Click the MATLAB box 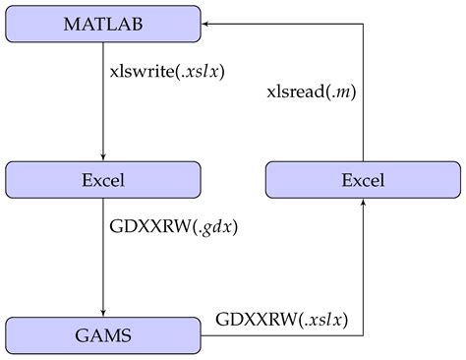point(103,23)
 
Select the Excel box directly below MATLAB point(103,180)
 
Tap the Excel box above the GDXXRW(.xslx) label point(364,180)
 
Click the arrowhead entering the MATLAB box point(208,23)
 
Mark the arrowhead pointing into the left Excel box point(103,157)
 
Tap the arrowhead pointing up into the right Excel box point(364,203)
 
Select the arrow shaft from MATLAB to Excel point(103,98)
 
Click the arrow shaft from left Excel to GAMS point(103,256)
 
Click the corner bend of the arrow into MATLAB point(364,23)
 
